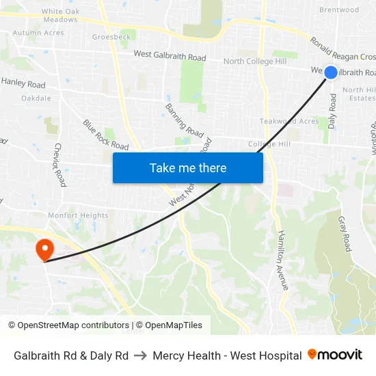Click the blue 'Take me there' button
[188, 167]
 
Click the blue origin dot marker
[331, 72]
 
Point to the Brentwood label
[338, 10]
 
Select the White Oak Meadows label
[60, 16]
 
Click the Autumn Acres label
[38, 32]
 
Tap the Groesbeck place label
[111, 37]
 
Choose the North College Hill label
[255, 62]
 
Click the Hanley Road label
[23, 83]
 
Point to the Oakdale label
[36, 98]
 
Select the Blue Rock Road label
[106, 135]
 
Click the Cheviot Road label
[60, 165]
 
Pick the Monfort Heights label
[78, 215]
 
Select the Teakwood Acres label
[289, 121]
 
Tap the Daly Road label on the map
[333, 111]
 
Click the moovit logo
[335, 355]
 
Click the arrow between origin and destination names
[141, 355]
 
